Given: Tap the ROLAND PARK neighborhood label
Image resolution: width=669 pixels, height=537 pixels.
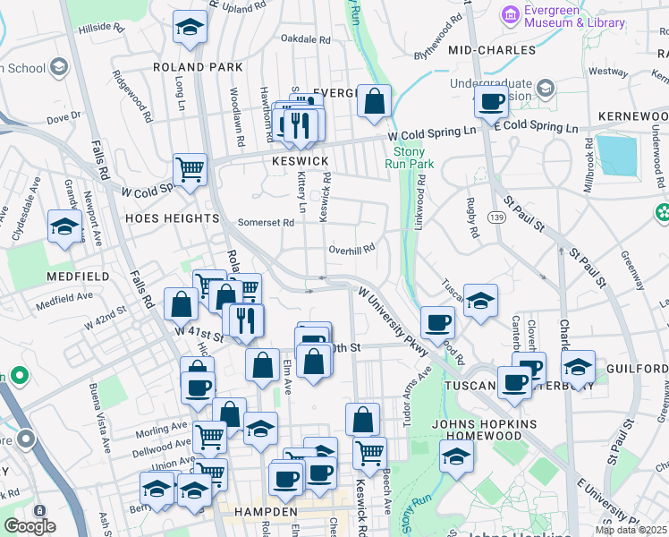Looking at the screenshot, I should (x=198, y=67).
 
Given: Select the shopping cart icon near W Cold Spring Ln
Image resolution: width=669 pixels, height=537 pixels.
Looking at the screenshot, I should (x=190, y=168).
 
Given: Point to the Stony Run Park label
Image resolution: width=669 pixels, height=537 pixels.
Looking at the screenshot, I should (x=409, y=158).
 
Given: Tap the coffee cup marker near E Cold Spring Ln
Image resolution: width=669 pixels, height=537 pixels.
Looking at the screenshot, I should (x=491, y=102).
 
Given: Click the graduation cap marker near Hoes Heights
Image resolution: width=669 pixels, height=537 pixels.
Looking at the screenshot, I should (x=64, y=227).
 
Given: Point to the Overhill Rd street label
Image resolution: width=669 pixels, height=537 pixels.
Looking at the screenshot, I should (x=351, y=250).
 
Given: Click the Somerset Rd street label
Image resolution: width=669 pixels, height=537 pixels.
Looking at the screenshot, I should (x=266, y=222).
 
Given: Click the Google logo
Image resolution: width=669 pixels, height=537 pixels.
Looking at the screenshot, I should (x=30, y=526).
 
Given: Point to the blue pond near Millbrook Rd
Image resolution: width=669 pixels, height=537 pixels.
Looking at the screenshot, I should (x=616, y=155).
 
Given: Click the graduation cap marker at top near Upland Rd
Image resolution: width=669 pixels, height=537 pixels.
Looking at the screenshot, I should (x=190, y=28).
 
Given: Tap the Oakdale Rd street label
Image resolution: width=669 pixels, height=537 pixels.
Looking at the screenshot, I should (x=306, y=39).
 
